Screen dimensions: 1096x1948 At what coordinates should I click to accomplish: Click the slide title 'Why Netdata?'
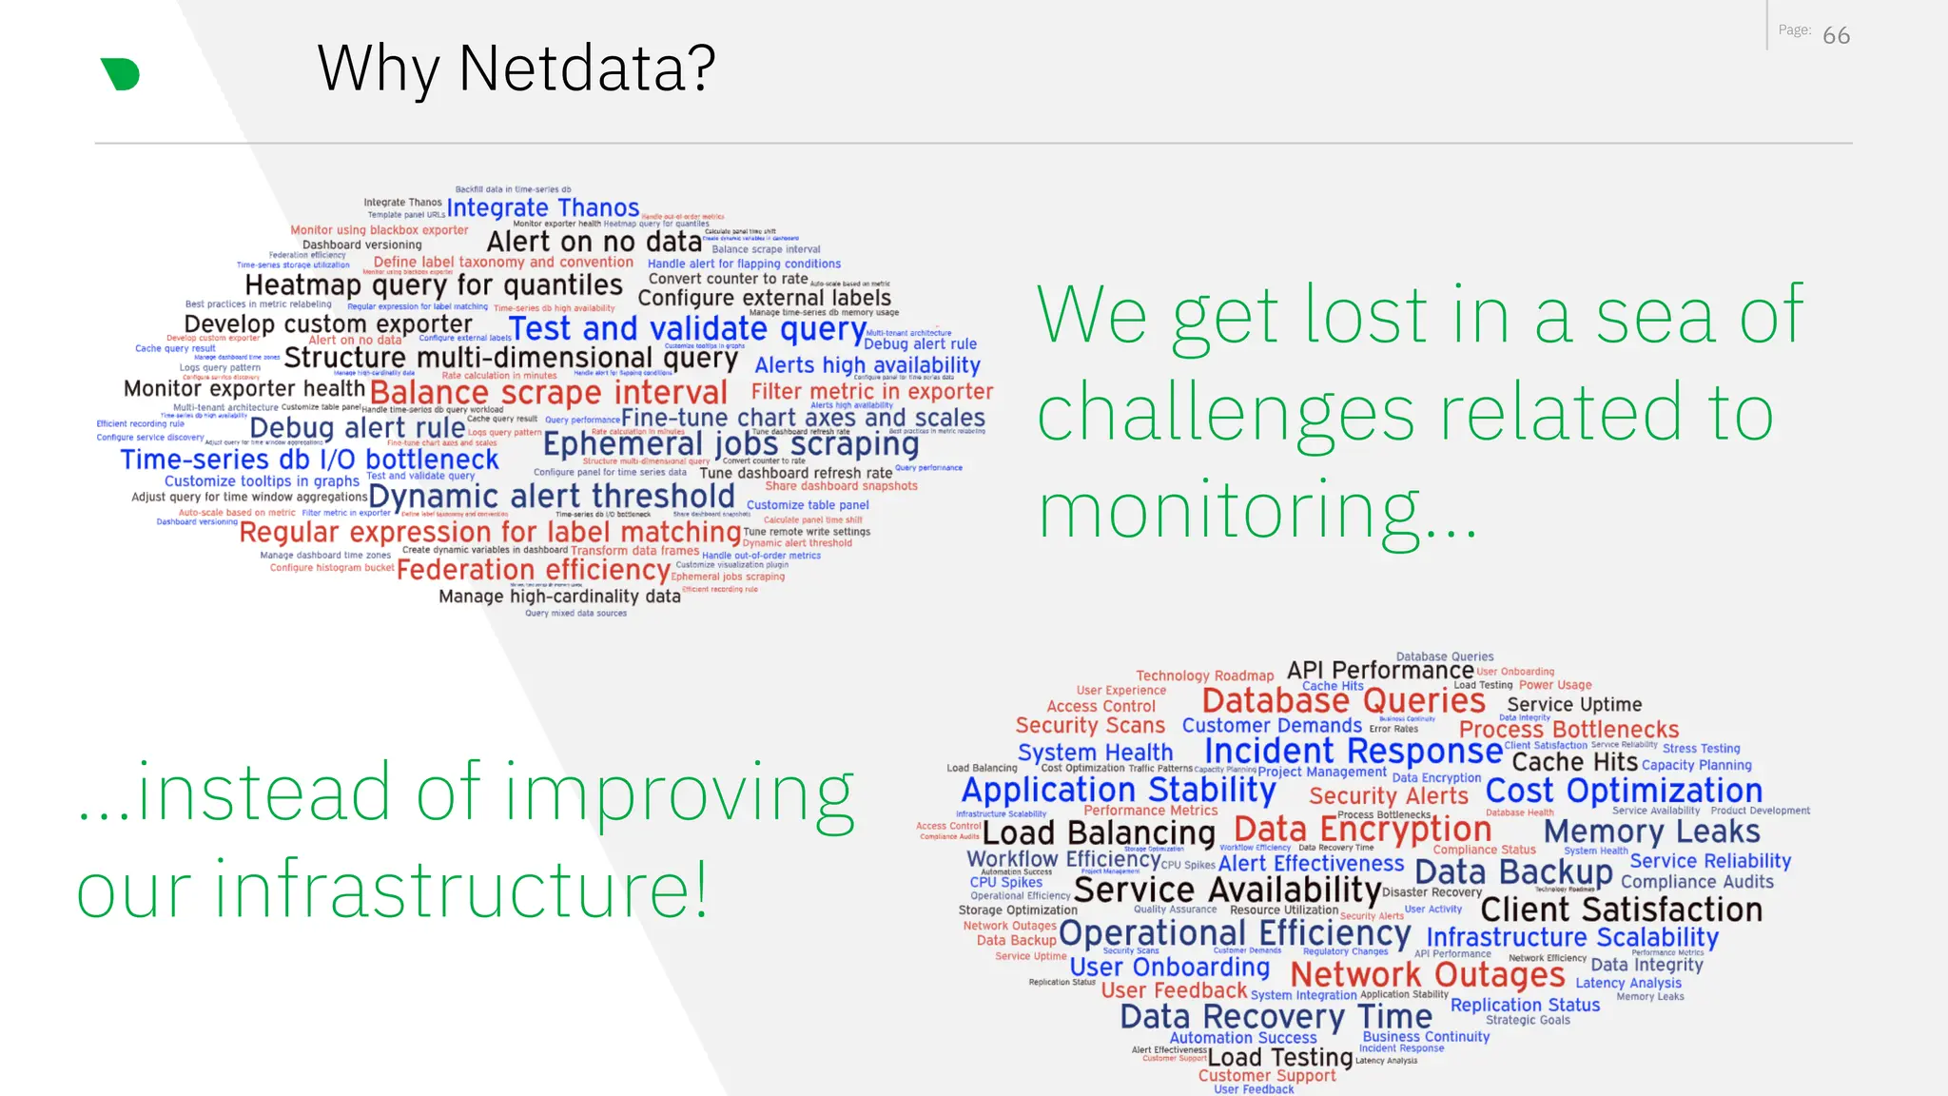pos(516,68)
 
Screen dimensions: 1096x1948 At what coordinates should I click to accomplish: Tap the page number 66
pos(1836,36)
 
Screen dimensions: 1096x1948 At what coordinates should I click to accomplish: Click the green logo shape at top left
pos(121,74)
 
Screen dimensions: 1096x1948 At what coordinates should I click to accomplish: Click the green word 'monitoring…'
pos(1256,512)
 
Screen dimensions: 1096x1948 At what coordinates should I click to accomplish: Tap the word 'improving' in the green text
pos(679,793)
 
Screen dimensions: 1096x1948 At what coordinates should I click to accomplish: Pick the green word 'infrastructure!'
pos(461,890)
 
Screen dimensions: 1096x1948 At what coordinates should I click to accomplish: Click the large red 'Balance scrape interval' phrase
pos(548,392)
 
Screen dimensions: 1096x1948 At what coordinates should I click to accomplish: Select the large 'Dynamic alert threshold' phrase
pos(552,496)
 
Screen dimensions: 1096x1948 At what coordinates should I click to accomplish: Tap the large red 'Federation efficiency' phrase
pos(534,570)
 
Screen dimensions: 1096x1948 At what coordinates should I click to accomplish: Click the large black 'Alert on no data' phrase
pos(594,243)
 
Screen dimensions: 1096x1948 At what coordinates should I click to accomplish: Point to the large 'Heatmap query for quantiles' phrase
pos(434,285)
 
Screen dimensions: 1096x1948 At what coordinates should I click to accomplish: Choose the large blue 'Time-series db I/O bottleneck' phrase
pos(309,460)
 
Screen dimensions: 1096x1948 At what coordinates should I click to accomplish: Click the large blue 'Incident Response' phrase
pos(1354,751)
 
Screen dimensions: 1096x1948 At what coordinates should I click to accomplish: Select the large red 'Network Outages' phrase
pos(1427,974)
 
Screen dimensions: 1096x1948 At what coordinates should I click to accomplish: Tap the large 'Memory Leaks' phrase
pos(1651,832)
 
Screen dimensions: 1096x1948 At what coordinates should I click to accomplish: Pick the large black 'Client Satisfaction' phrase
pos(1621,910)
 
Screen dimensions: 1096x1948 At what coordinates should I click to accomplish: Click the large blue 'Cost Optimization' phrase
pos(1624,791)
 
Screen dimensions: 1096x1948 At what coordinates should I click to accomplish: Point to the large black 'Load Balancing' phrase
pos(1099,833)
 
